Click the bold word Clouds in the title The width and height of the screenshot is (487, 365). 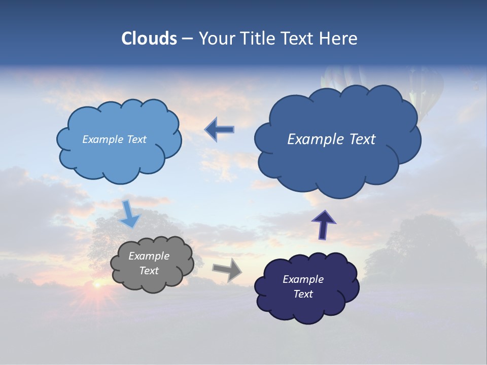(149, 39)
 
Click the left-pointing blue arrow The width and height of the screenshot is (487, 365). (219, 130)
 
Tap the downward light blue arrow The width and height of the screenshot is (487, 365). (130, 213)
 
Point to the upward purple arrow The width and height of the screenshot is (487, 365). (323, 224)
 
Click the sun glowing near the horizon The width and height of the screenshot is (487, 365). (96, 285)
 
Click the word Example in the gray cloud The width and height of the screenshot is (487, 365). (149, 256)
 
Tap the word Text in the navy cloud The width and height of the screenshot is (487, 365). (303, 294)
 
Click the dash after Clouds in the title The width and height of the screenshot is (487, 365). (187, 39)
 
